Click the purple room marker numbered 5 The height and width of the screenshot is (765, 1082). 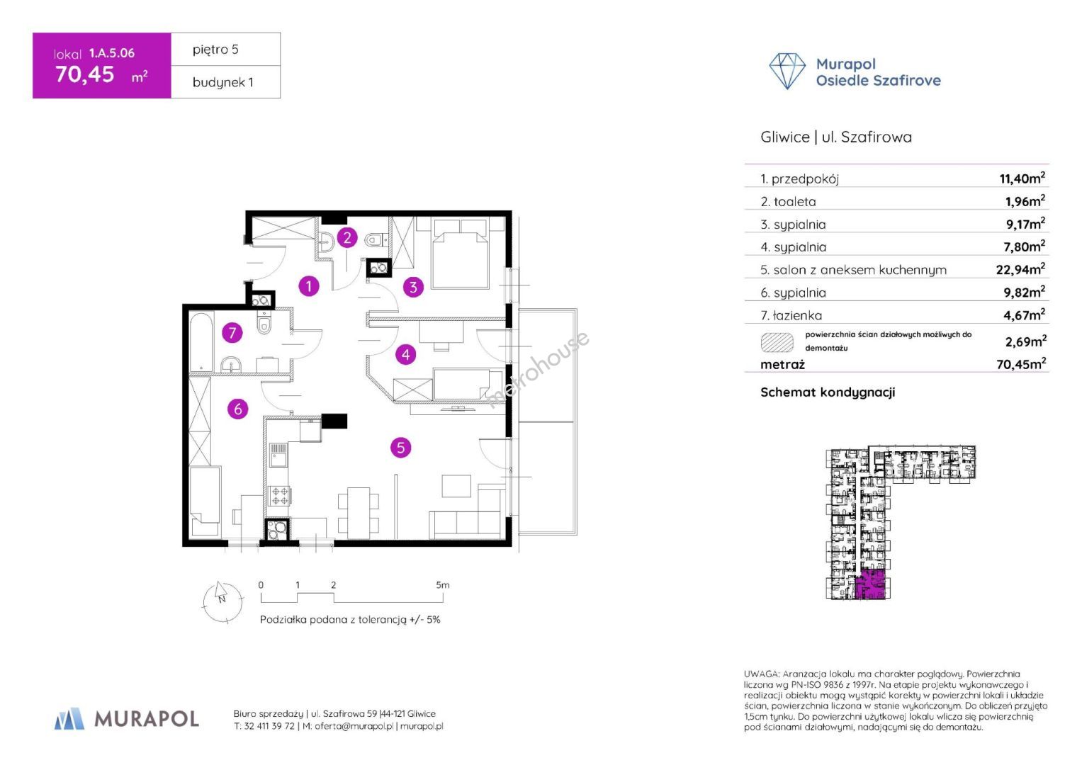(401, 448)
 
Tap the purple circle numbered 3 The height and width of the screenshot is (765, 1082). (413, 287)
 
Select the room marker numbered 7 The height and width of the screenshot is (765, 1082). (232, 332)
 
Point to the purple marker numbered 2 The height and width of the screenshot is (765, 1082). (346, 237)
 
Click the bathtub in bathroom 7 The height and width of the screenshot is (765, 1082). (202, 341)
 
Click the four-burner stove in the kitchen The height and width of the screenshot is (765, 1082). (279, 495)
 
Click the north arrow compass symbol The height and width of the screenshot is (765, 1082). (222, 601)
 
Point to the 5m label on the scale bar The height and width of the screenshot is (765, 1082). (443, 585)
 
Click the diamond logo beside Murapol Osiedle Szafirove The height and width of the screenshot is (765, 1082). (787, 71)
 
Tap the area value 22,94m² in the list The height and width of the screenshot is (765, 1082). (1020, 269)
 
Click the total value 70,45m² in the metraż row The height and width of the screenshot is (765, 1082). (1020, 364)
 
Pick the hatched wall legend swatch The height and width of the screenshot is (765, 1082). (777, 342)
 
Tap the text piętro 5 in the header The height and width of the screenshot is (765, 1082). (215, 50)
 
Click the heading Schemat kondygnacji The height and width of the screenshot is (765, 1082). (828, 392)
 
